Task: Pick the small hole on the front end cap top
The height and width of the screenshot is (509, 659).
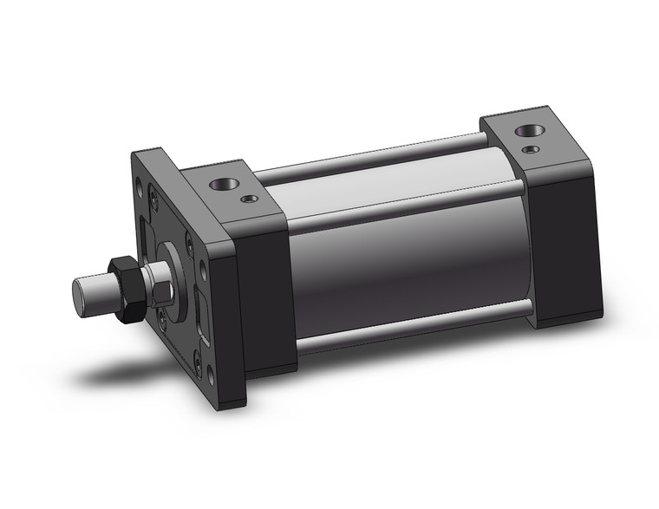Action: [x=251, y=199]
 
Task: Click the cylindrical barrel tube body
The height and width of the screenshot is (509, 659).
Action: [x=408, y=260]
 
